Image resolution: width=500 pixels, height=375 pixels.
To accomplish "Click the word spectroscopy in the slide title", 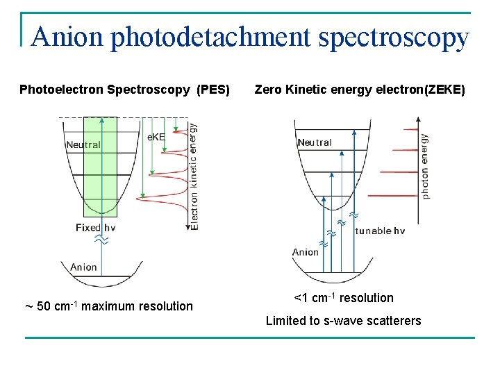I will click(394, 38).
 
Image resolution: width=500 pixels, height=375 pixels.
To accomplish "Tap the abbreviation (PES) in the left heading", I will click(214, 90).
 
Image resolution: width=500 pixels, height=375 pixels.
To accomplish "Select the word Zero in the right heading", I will click(268, 90).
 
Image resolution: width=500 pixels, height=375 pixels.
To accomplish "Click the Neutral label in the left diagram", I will click(83, 145).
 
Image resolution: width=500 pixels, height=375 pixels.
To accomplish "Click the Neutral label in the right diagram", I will click(315, 142).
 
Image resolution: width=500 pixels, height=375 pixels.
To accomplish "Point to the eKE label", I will click(156, 137).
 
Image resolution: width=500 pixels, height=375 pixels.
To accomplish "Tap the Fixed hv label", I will click(96, 228).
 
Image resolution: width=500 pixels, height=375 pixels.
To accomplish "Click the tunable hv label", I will click(380, 231).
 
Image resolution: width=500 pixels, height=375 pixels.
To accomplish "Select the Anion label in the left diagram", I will click(84, 267).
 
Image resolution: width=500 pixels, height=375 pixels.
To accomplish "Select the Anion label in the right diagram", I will click(306, 252).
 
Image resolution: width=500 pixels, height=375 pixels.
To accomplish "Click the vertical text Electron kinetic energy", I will click(194, 176).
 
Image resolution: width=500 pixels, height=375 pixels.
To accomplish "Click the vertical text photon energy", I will click(424, 166).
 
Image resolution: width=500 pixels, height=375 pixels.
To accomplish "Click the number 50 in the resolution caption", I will click(45, 306).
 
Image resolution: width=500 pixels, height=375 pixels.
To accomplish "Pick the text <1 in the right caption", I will click(301, 298).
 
